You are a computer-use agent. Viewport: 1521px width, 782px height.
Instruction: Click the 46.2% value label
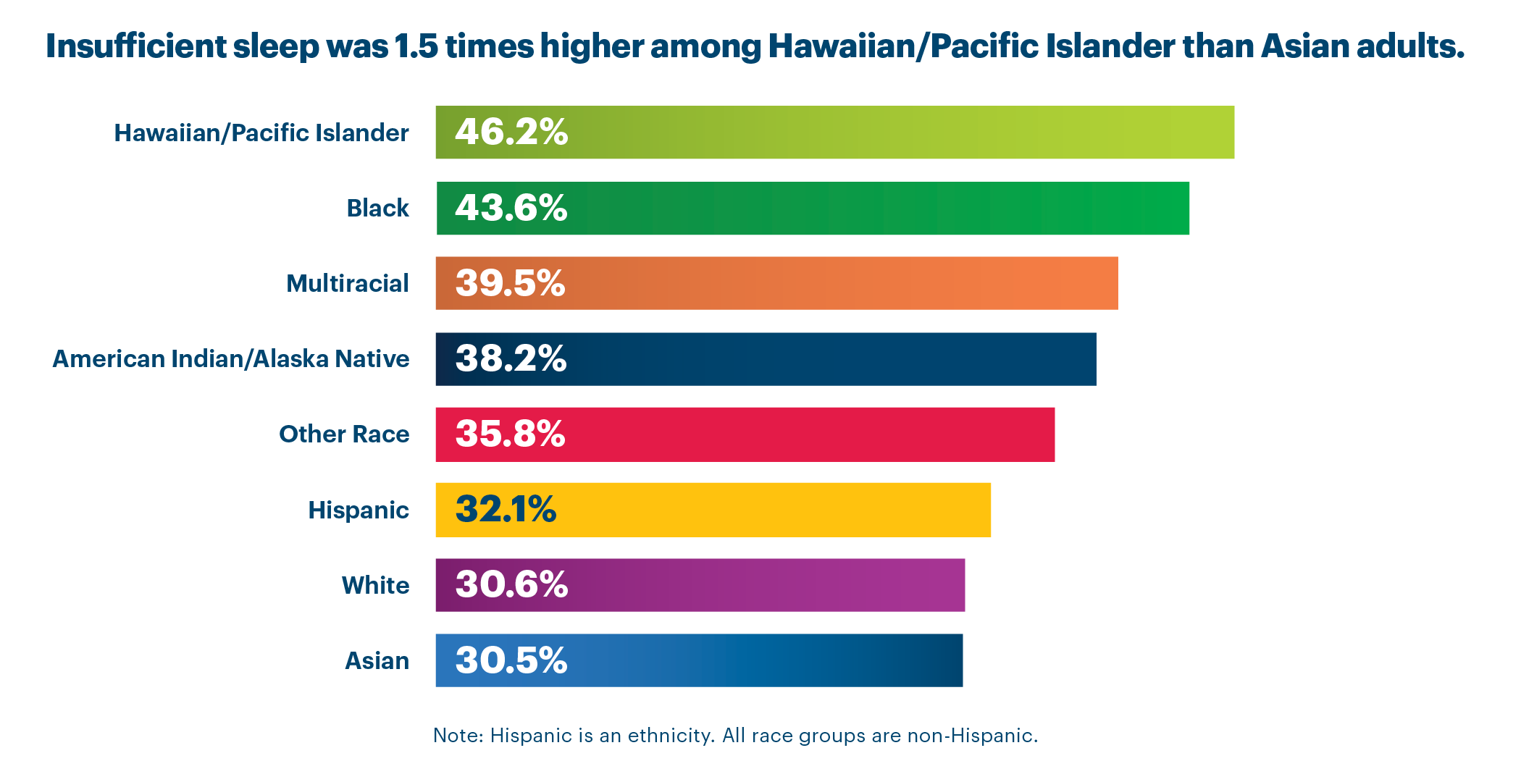coord(511,133)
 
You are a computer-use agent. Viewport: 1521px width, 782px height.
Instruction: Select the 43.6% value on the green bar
coord(511,208)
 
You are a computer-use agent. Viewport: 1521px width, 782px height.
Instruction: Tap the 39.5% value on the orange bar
coord(510,283)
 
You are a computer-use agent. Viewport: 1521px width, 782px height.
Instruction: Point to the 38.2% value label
coord(511,358)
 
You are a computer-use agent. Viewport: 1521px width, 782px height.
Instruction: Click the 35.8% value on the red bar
coord(510,434)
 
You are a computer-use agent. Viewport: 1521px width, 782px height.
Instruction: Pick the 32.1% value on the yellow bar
coord(506,509)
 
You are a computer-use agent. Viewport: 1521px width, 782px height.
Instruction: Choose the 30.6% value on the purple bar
coord(511,584)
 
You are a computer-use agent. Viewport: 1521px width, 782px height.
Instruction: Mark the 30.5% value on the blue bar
coord(511,660)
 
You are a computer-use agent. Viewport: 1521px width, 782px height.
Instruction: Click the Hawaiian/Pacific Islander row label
coord(261,133)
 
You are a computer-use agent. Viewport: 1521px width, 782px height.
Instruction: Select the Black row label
coord(377,209)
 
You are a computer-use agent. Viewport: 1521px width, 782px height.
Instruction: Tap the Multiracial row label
coord(348,284)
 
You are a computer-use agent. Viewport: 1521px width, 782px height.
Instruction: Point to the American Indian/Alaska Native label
coord(231,359)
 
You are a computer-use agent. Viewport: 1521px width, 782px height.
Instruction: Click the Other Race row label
coord(344,434)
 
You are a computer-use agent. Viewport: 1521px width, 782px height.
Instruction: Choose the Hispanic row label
coord(359,510)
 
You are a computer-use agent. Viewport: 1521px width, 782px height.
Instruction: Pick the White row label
coord(375,585)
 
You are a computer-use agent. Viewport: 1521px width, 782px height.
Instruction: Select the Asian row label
coord(377,661)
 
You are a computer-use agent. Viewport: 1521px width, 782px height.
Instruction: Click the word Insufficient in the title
coord(136,46)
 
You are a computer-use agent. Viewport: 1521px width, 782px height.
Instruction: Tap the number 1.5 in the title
coord(416,46)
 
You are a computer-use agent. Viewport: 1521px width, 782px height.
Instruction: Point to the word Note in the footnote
coord(458,736)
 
